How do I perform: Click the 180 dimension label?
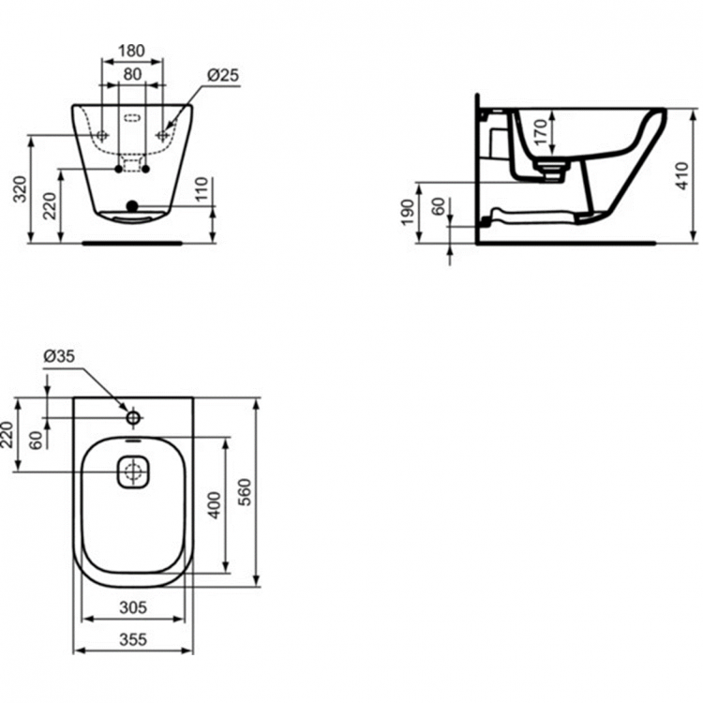pyautogui.click(x=131, y=51)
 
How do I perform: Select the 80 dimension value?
pyautogui.click(x=132, y=74)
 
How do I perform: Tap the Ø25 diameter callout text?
pyautogui.click(x=223, y=75)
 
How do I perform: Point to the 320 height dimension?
pyautogui.click(x=20, y=189)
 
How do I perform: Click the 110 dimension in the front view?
pyautogui.click(x=202, y=189)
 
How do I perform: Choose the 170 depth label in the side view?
pyautogui.click(x=541, y=132)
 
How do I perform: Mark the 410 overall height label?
pyautogui.click(x=681, y=176)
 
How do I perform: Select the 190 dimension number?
pyautogui.click(x=407, y=213)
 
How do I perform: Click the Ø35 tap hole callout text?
pyautogui.click(x=59, y=356)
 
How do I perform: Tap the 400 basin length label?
pyautogui.click(x=216, y=505)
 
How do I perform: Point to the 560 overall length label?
pyautogui.click(x=245, y=492)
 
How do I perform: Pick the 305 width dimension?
pyautogui.click(x=133, y=607)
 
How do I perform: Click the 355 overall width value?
pyautogui.click(x=133, y=639)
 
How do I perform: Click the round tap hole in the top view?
pyautogui.click(x=134, y=418)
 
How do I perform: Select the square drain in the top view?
pyautogui.click(x=133, y=471)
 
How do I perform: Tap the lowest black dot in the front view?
pyautogui.click(x=132, y=206)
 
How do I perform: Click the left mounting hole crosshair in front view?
pyautogui.click(x=102, y=134)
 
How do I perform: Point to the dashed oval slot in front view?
pyautogui.click(x=132, y=118)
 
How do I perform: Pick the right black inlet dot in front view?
pyautogui.click(x=145, y=169)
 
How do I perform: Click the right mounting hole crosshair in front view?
pyautogui.click(x=162, y=134)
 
